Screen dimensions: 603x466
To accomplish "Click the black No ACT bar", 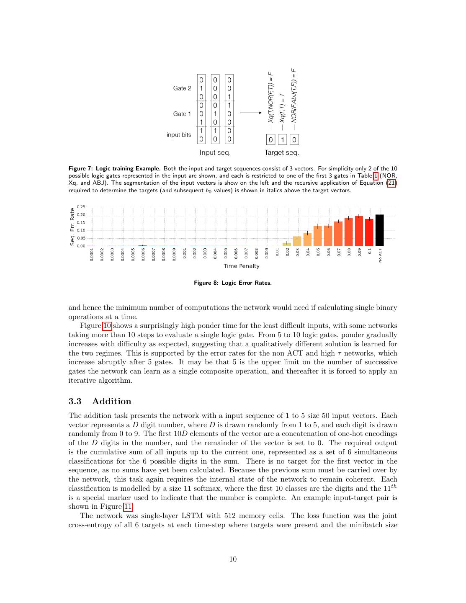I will [379, 230].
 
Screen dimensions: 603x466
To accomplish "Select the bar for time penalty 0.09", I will [359, 231].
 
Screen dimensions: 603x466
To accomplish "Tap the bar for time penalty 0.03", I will [297, 241].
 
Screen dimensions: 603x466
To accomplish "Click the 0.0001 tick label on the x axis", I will [92, 255].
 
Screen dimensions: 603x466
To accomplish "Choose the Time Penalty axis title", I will [241, 266].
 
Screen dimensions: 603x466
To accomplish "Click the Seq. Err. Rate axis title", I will [72, 227].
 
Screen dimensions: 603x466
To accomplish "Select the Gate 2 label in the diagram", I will [182, 88].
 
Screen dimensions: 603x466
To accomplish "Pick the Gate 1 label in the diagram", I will [182, 114].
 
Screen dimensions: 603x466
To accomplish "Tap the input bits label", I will [179, 135].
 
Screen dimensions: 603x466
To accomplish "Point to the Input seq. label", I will [215, 152].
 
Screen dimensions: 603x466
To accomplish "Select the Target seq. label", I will [281, 152].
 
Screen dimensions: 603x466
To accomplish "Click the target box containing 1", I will [283, 139].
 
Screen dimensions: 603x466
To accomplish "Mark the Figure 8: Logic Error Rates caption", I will [233, 283].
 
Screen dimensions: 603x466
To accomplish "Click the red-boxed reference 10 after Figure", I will [107, 326].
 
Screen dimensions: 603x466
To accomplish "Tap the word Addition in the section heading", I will [112, 401].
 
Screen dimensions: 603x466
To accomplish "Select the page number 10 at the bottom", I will [233, 559].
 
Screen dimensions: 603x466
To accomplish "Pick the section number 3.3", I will [75, 401].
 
